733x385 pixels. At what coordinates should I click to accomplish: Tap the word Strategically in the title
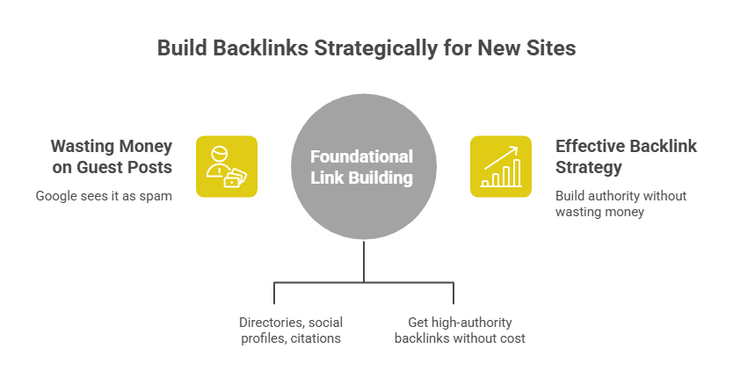pos(381,48)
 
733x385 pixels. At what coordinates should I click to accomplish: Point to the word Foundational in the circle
pos(361,157)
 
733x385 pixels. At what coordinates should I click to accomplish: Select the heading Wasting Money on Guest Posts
pos(111,156)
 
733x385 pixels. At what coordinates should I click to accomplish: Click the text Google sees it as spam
pos(104,195)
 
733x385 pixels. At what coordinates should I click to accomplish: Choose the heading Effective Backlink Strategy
pos(625,156)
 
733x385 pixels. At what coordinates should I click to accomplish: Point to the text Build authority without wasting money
pos(621,203)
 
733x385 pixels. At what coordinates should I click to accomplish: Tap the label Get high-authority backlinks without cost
pos(460,330)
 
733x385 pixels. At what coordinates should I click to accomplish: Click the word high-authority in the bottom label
pos(473,322)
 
